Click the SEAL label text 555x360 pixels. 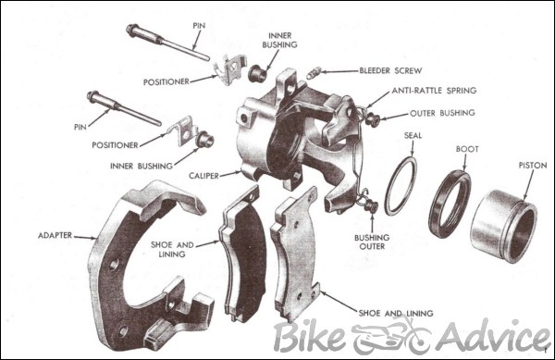[x=413, y=134]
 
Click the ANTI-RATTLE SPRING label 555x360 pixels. [x=433, y=91]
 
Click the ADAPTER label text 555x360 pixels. [x=55, y=236]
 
